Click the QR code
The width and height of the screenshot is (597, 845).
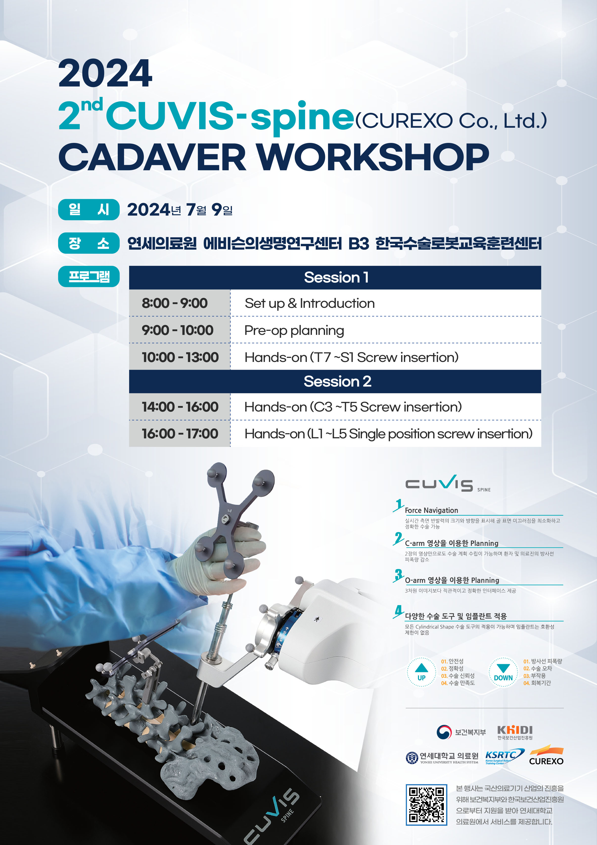click(426, 805)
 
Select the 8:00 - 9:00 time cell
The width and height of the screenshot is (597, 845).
click(179, 303)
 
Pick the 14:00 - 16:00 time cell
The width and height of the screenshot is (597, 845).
click(179, 407)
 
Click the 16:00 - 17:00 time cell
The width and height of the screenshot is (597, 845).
click(179, 434)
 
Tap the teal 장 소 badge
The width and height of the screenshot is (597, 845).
click(89, 243)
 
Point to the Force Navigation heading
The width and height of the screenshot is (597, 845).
click(431, 510)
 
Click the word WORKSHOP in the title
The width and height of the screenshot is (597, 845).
click(373, 157)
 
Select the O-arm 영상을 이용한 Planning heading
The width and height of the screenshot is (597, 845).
click(452, 580)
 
